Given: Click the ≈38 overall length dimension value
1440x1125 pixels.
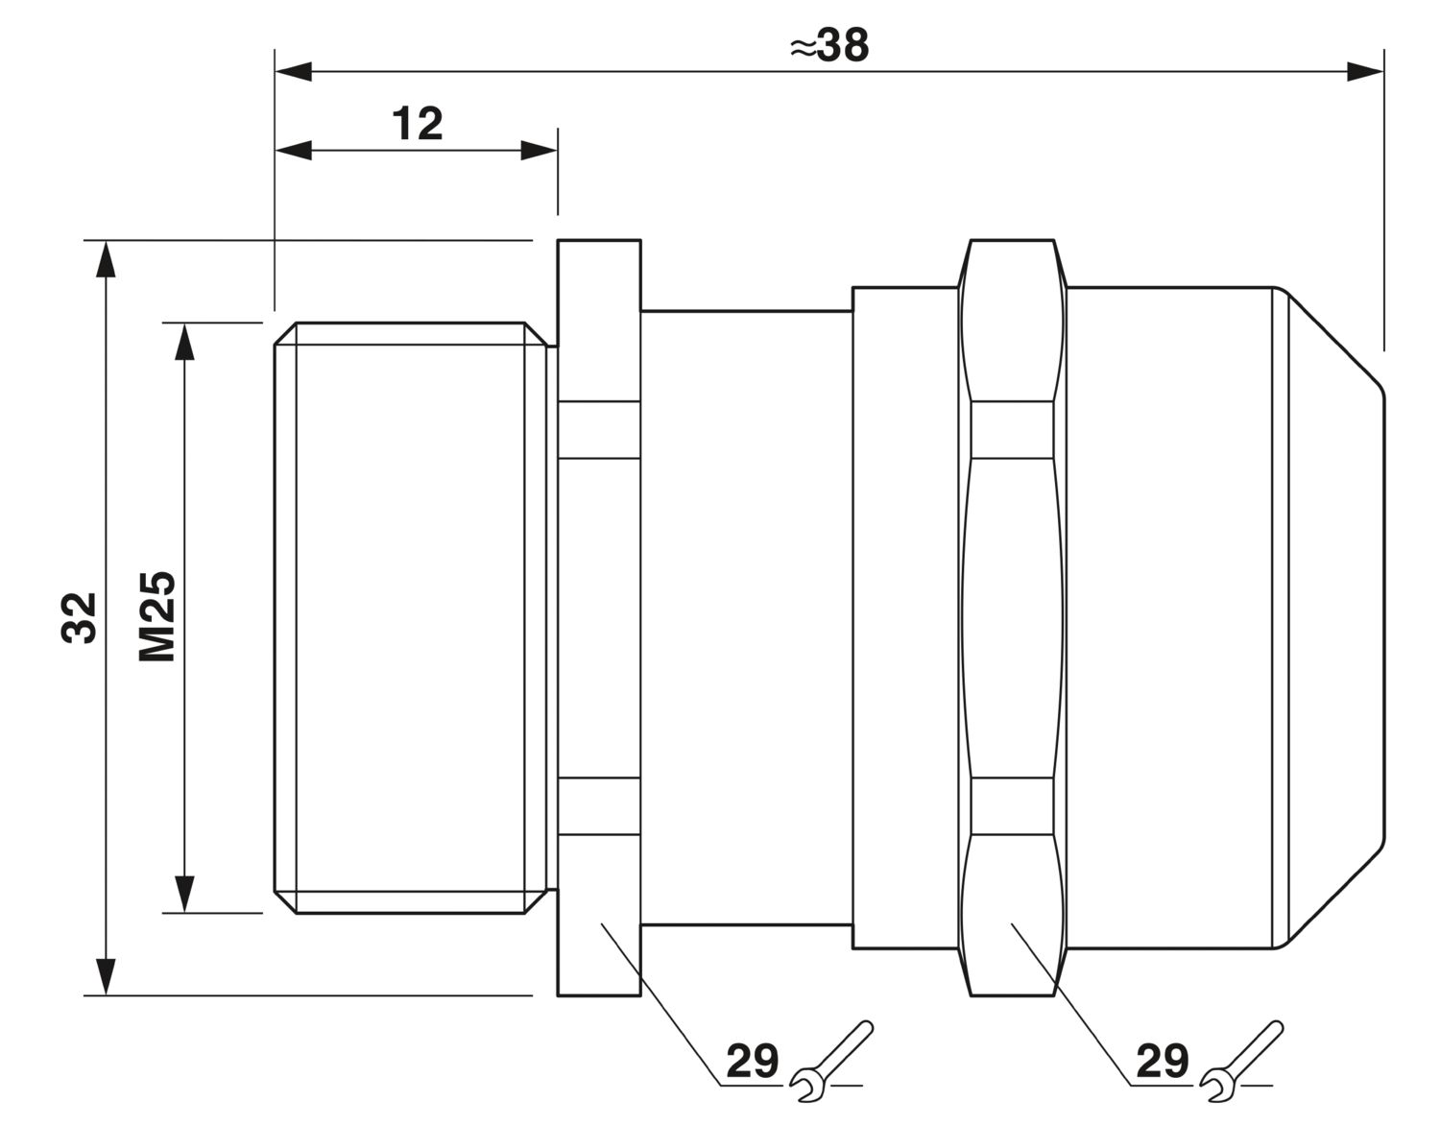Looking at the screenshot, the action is pos(829,46).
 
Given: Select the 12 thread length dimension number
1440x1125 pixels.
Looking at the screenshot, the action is pos(418,124).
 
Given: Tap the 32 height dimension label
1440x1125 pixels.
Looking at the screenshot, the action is pos(80,617).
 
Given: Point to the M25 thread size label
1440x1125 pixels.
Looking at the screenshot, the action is pos(157,616).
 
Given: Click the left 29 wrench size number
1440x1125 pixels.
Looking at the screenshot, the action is pos(752,1061).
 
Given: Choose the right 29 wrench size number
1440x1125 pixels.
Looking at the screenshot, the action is pos(1163,1061).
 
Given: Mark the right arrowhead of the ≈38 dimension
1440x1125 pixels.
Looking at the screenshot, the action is pos(1365,71).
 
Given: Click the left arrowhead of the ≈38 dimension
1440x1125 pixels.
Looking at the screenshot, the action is pos(293,71).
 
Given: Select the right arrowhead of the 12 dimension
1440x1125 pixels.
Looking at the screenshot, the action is pos(539,151).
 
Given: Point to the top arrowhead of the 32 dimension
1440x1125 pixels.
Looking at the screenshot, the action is pos(106,259).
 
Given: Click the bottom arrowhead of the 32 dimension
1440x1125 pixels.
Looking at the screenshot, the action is pos(106,976).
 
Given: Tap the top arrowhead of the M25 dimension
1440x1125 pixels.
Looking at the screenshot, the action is pos(184,342).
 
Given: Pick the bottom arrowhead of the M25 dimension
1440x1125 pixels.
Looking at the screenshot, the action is pos(184,895).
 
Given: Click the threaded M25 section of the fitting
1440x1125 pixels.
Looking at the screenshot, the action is pos(411,617).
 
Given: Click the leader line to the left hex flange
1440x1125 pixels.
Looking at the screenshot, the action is pos(660,1004).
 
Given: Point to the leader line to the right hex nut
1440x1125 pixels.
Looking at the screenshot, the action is pos(1071,1004).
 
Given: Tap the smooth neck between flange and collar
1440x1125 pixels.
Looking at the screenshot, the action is pos(746,617).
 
